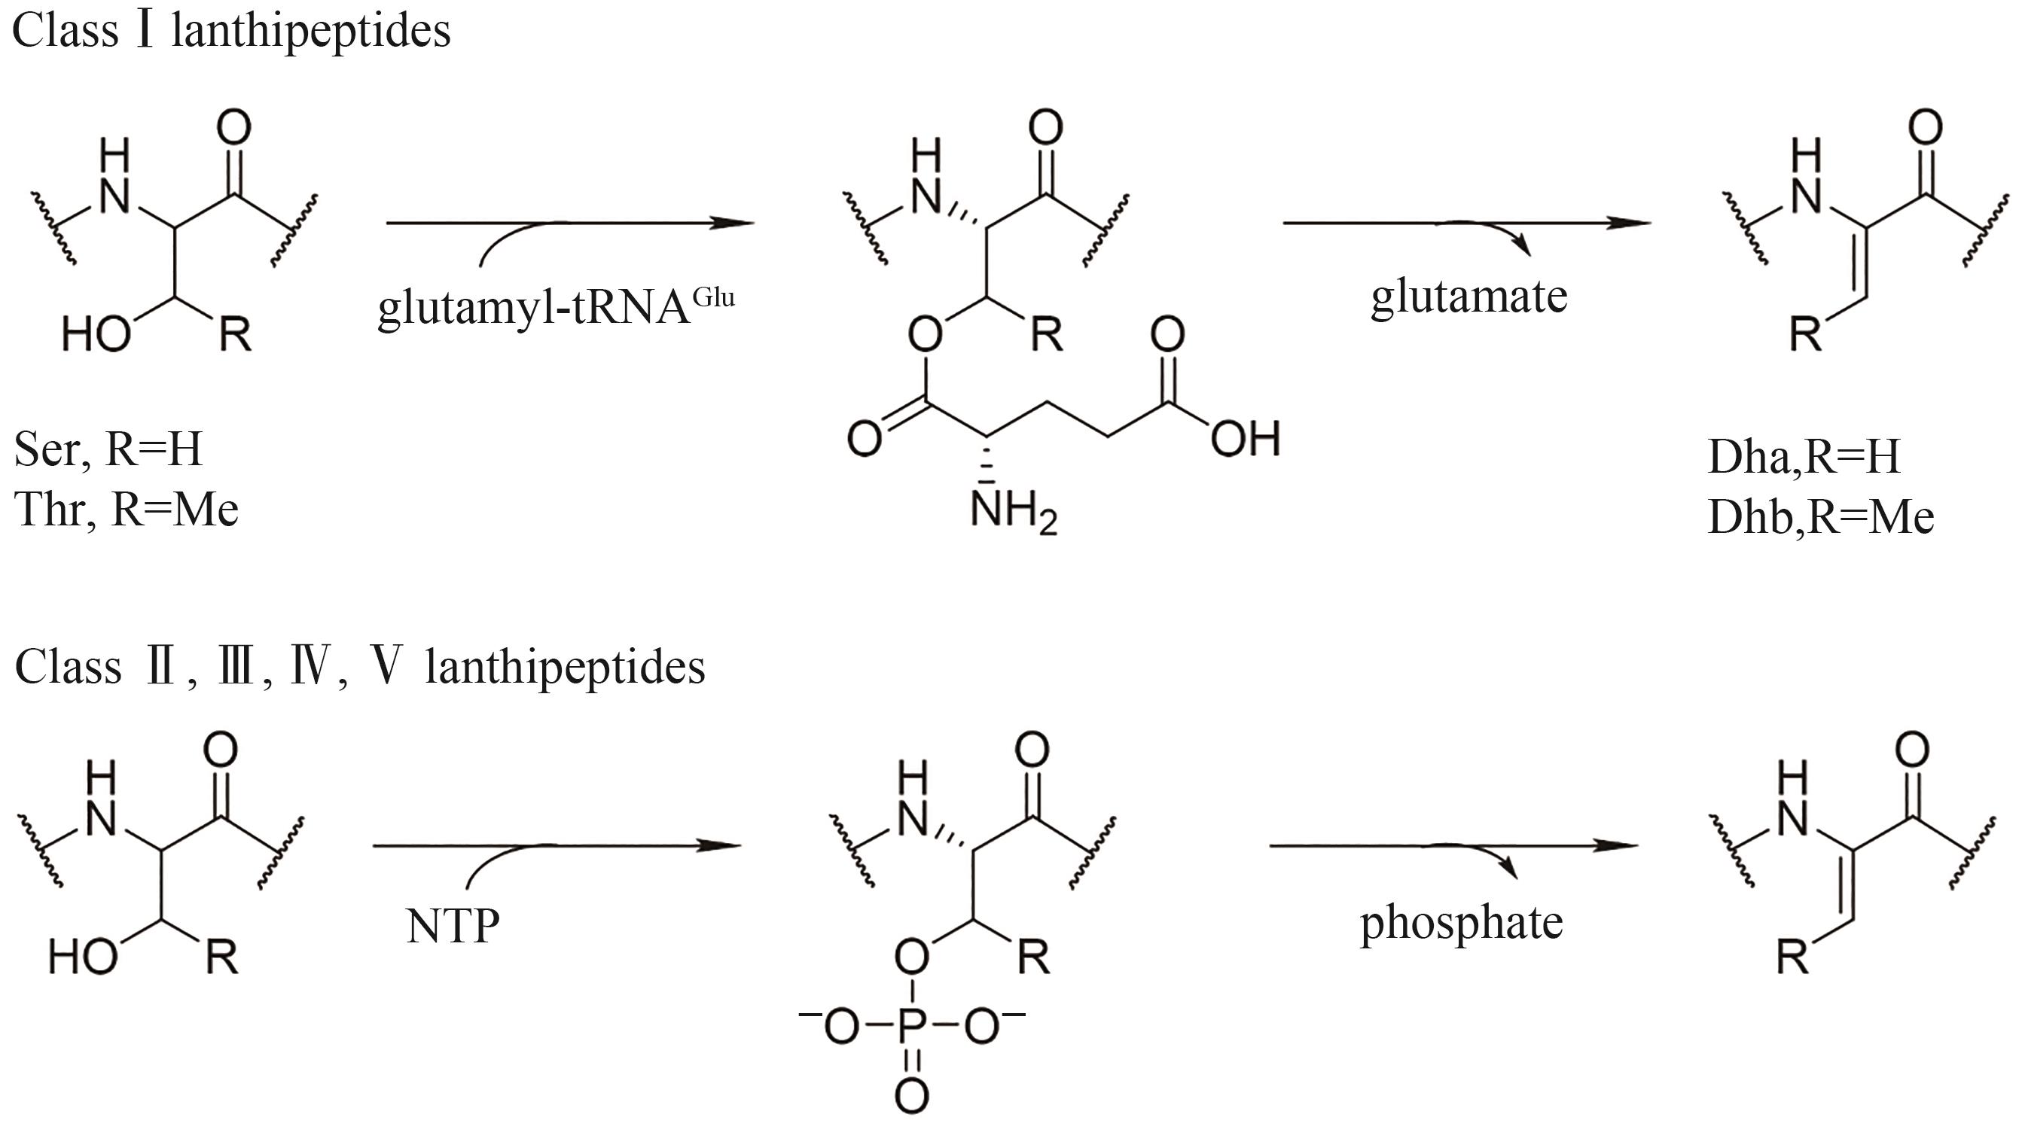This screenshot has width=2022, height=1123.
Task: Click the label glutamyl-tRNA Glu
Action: [x=555, y=308]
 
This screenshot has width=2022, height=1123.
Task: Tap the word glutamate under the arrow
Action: [x=1468, y=297]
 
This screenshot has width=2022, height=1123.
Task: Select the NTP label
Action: [x=452, y=926]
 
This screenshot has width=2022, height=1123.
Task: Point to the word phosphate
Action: [x=1461, y=923]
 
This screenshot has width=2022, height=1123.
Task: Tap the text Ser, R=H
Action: [x=108, y=449]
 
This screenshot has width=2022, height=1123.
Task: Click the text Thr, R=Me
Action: [x=126, y=510]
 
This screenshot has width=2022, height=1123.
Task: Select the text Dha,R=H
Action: [x=1803, y=457]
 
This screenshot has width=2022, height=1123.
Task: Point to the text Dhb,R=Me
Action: [x=1820, y=517]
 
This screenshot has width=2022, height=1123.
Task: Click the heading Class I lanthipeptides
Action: [x=230, y=32]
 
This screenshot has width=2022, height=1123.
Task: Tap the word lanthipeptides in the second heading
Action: [x=564, y=668]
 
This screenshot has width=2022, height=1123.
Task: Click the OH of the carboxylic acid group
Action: [x=1245, y=439]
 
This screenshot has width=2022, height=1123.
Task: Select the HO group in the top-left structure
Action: [x=96, y=335]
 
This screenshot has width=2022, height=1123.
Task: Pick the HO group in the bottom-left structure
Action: [x=82, y=957]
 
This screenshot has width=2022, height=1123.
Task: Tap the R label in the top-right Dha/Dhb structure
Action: [x=1804, y=335]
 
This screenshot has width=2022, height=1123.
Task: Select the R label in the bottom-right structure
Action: [x=1792, y=957]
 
